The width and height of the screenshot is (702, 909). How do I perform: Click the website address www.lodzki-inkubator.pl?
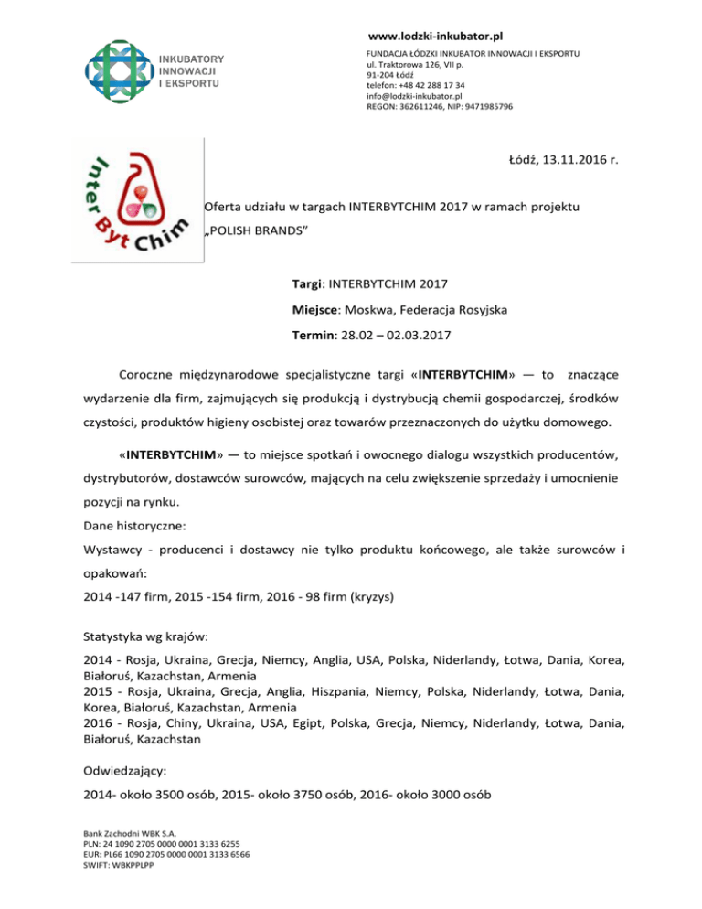(435, 37)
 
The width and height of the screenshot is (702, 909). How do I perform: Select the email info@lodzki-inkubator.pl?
(414, 95)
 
